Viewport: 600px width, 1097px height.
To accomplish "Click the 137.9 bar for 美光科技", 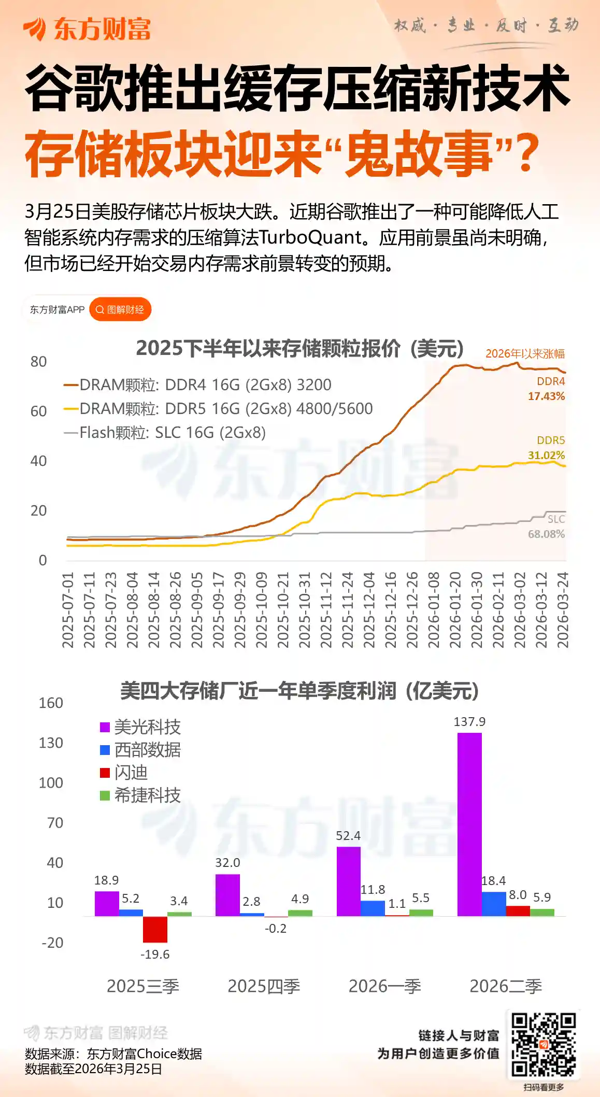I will [x=469, y=824].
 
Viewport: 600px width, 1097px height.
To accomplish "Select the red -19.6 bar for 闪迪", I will [x=155, y=929].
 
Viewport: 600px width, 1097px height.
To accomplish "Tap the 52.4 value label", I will [x=348, y=835].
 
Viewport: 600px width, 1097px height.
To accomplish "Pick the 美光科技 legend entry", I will [x=140, y=727].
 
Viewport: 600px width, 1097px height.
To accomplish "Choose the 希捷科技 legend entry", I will [x=140, y=795].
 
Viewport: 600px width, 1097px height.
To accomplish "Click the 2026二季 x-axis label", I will [x=506, y=986].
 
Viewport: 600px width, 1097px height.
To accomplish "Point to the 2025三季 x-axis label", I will [x=143, y=986].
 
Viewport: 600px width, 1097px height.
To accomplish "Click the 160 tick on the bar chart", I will [x=51, y=703].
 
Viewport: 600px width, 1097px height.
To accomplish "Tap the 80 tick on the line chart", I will [x=39, y=362].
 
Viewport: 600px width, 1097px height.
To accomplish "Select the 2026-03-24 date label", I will [x=563, y=609].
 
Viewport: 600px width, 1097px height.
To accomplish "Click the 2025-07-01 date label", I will [x=68, y=609].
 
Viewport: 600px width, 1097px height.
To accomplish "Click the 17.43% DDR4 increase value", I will [x=546, y=396].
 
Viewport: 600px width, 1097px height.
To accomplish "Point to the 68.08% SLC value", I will [x=546, y=534].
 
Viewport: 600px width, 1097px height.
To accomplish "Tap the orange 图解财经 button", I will [x=120, y=309].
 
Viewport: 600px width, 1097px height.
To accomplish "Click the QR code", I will [x=543, y=1044].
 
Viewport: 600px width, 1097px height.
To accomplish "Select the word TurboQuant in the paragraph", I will [x=309, y=238].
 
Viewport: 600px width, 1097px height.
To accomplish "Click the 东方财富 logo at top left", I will [x=87, y=29].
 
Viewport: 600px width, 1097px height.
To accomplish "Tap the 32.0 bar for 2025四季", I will [x=227, y=894].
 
